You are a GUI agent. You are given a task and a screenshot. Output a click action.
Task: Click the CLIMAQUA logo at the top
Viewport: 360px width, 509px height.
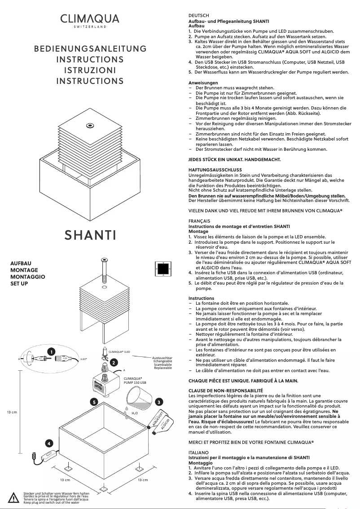90,20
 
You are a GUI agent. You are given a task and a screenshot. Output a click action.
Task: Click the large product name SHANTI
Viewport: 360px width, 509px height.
90,235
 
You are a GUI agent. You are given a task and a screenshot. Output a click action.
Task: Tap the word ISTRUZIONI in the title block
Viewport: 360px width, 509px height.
90,70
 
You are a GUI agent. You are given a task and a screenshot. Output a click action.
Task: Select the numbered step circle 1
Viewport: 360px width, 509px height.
53,351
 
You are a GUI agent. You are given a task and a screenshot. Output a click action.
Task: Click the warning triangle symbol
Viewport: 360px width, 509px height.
13,498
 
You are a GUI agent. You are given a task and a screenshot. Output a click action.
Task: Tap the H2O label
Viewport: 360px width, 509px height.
134,412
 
